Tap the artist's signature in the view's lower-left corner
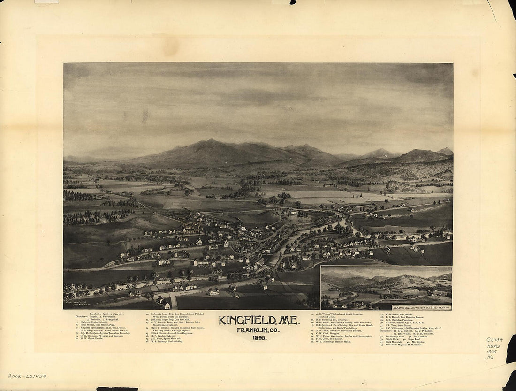80,305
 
